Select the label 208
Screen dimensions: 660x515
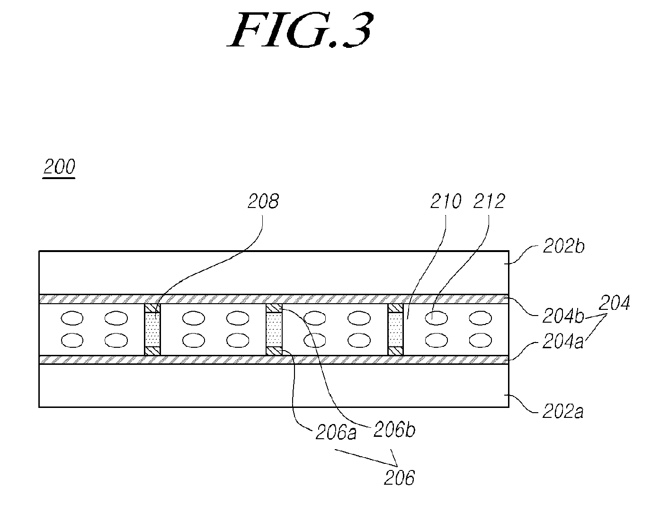pos(263,201)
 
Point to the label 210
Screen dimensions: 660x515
pos(446,201)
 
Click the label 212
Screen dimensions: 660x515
pos(489,201)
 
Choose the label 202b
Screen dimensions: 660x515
pos(563,246)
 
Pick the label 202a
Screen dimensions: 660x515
pos(562,412)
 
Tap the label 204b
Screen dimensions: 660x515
pos(563,316)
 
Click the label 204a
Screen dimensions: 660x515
pos(562,342)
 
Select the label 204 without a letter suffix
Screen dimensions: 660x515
pos(614,302)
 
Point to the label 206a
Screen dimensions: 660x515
pos(336,433)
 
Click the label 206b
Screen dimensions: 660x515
pos(394,429)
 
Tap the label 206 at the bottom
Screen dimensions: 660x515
pos(399,478)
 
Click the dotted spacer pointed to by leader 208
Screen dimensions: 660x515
pos(152,330)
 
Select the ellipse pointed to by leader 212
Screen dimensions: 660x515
pos(436,318)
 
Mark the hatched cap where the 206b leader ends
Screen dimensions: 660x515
pos(274,308)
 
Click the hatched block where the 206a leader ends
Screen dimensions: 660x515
pos(274,351)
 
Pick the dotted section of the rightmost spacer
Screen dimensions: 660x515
pos(396,330)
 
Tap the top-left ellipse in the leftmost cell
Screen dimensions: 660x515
pos(72,318)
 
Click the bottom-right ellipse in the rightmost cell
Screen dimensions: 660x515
pos(480,340)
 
